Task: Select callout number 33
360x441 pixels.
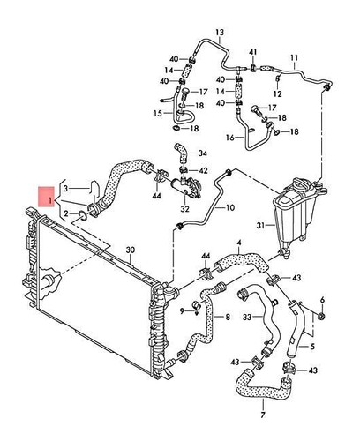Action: coord(248,317)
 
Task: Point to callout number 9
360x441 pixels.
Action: coord(187,310)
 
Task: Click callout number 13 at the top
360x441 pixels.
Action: coord(218,40)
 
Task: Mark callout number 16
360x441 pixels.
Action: coord(229,138)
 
